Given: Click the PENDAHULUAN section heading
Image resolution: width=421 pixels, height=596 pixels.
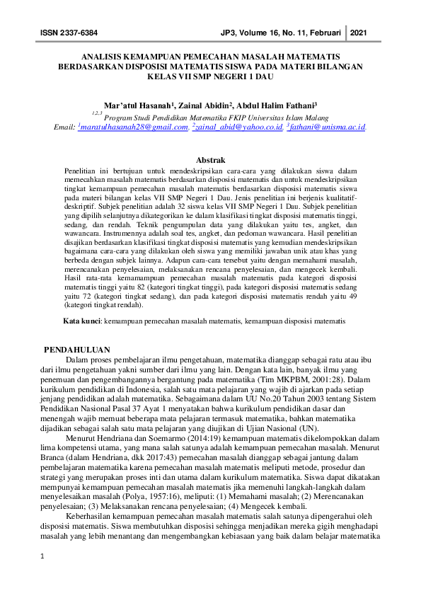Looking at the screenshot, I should [77, 350].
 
